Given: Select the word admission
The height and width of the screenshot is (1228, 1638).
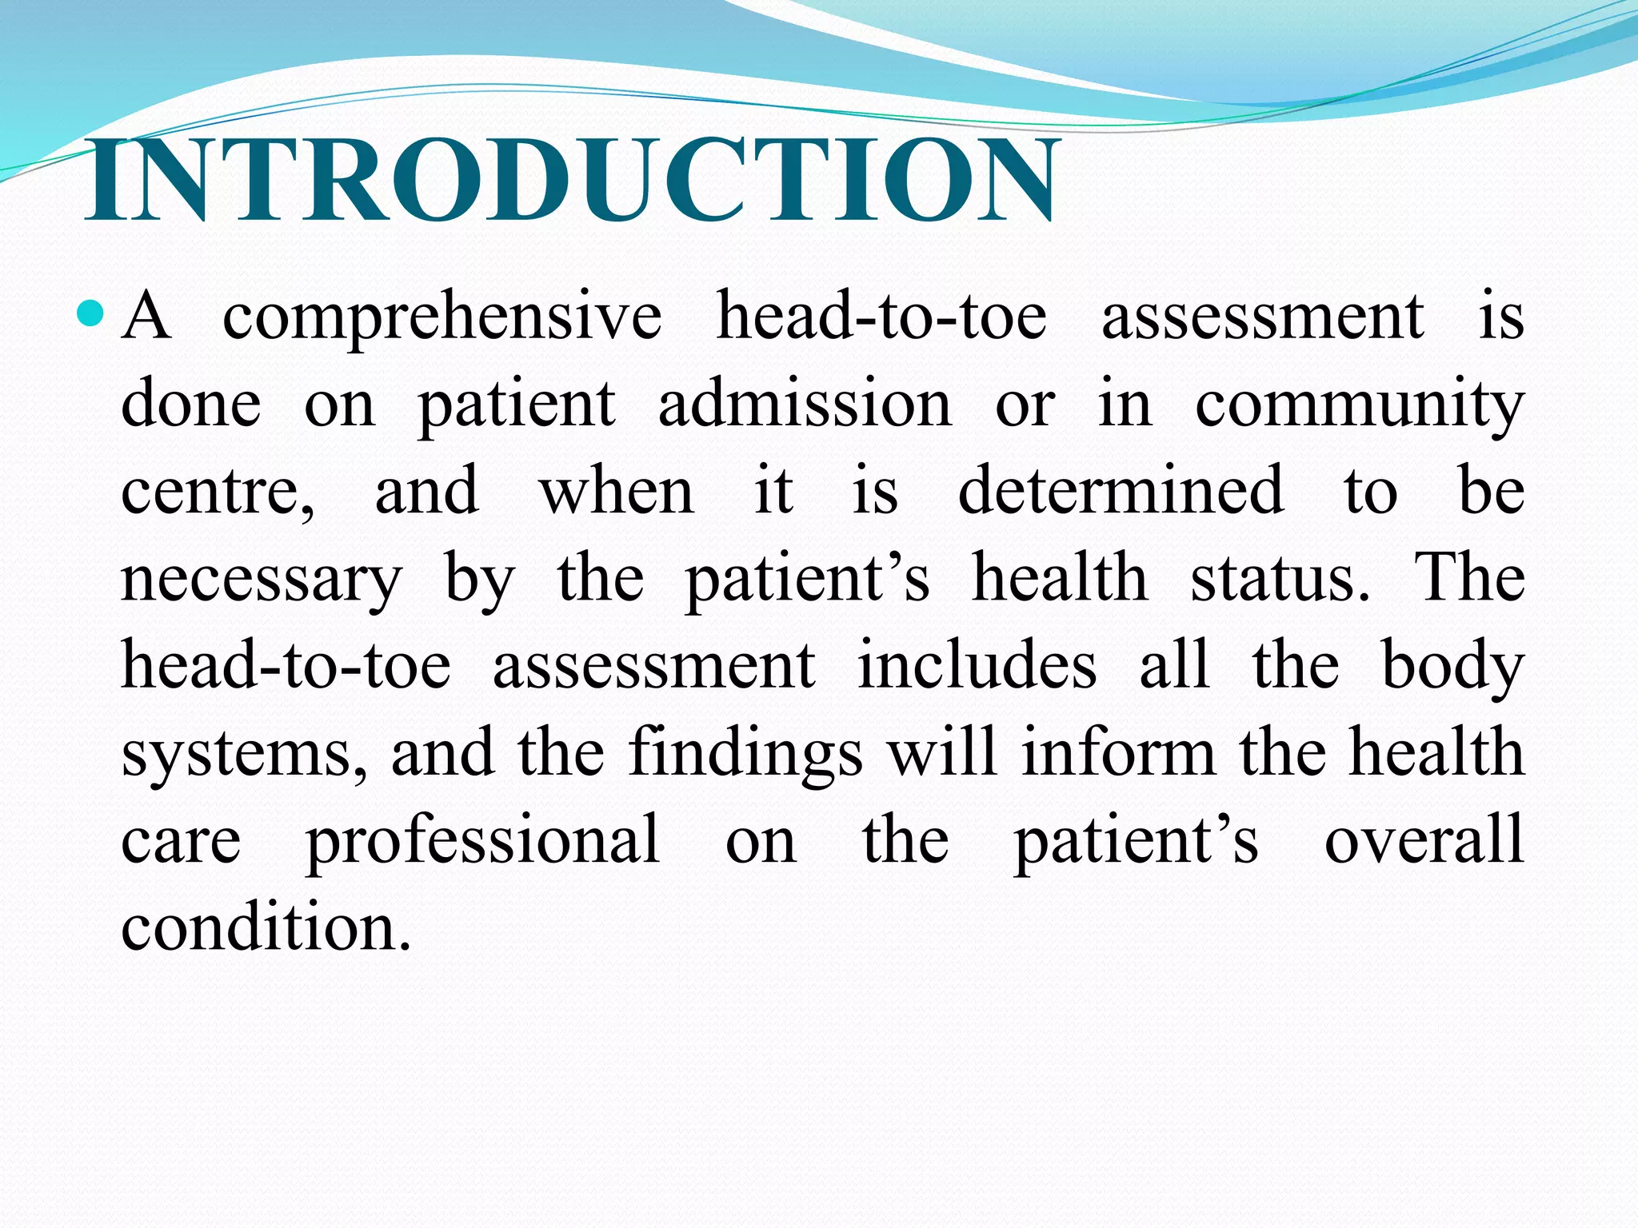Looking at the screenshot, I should pos(805,404).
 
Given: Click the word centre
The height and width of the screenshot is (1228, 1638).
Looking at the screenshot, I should pos(217,492).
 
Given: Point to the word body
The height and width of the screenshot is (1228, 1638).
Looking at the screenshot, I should pos(1452,667).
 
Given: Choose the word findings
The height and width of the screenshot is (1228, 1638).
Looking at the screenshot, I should pos(745,753).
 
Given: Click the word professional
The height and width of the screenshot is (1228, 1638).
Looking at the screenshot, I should pos(482,842).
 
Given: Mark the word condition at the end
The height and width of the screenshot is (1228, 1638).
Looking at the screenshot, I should pos(266,927).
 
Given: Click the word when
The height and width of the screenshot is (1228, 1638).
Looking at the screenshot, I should pos(617,492).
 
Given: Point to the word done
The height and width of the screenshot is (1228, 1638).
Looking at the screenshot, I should pos(191,404).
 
